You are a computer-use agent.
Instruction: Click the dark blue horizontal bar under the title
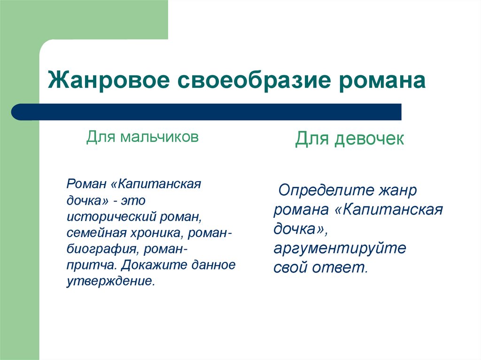207,112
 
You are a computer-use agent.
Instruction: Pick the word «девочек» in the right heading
369,139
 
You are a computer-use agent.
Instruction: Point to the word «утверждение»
110,281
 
